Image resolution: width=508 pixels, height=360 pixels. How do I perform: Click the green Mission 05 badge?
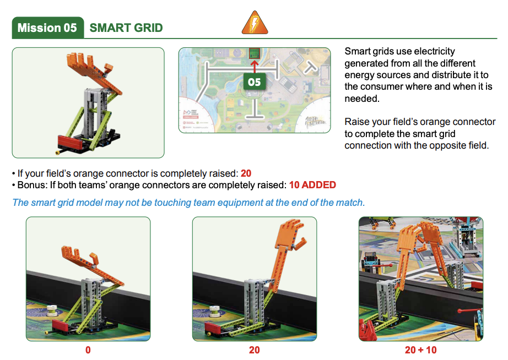click(x=47, y=28)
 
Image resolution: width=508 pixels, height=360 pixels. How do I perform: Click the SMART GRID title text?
click(x=126, y=28)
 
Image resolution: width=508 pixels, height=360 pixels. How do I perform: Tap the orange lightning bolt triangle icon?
click(x=255, y=23)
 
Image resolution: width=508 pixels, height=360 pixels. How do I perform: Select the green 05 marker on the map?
click(x=255, y=81)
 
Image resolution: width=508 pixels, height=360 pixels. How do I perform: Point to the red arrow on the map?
click(x=255, y=66)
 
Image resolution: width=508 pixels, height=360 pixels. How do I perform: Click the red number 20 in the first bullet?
click(x=246, y=173)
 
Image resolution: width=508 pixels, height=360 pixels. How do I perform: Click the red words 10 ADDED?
click(x=312, y=185)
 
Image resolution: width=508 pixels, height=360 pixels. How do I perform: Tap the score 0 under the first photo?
click(x=88, y=350)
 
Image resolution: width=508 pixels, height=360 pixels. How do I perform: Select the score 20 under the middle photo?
click(x=255, y=350)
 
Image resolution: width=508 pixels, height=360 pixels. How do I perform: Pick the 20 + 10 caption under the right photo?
click(x=420, y=350)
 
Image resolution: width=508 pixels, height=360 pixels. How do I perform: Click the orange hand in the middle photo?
click(x=290, y=236)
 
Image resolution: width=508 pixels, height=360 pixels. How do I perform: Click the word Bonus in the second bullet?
click(x=31, y=185)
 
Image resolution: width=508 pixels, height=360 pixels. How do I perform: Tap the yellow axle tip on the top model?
click(x=58, y=152)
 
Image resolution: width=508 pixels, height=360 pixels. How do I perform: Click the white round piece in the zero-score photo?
click(x=52, y=310)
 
